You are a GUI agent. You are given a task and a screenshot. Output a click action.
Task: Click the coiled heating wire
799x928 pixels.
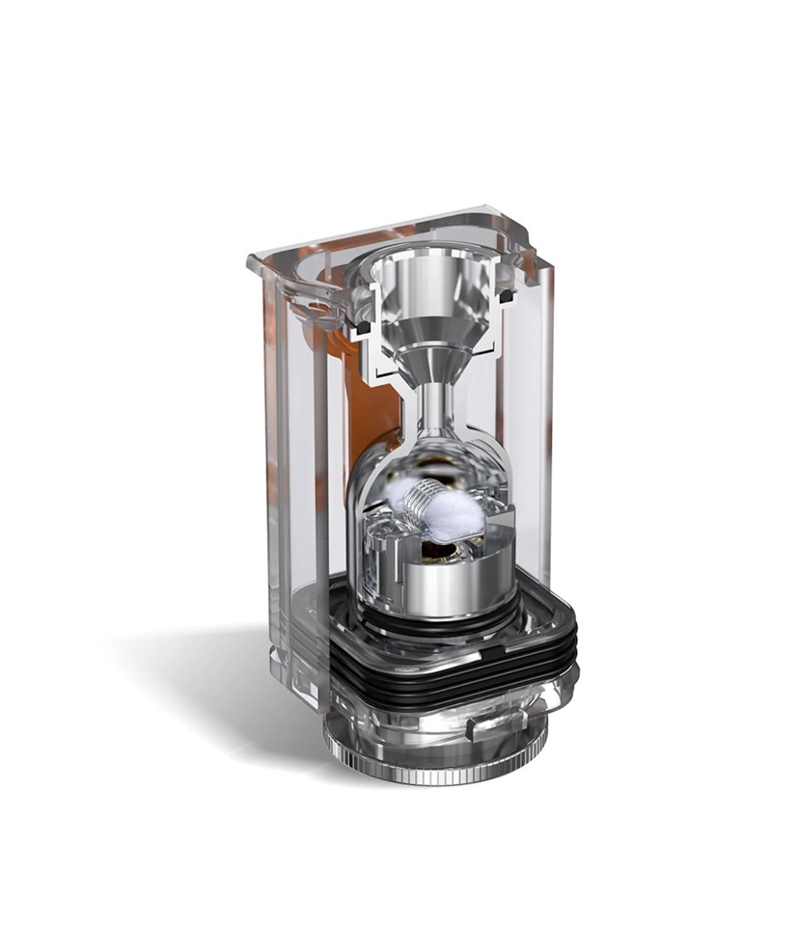pos(421,503)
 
